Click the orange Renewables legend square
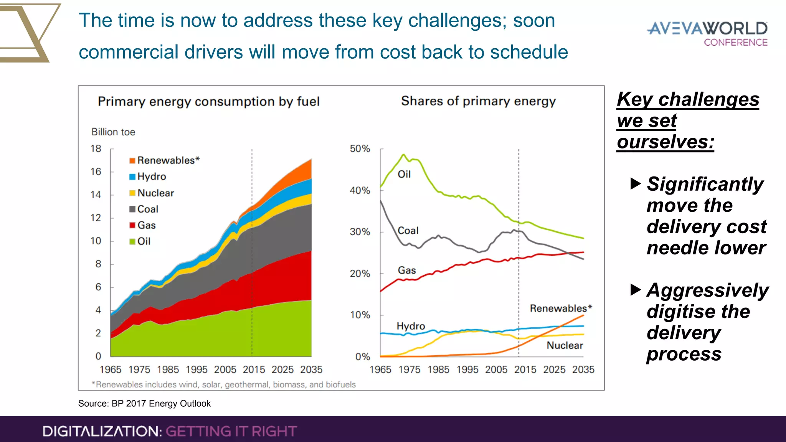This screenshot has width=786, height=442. point(132,160)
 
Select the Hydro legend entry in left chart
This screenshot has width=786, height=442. point(151,176)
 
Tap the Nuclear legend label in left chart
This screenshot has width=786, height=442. point(155,193)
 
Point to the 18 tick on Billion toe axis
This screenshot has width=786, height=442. point(96,149)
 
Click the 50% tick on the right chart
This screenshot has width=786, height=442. point(360,149)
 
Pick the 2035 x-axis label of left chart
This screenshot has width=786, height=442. point(311,369)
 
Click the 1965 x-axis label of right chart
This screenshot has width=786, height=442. point(380,369)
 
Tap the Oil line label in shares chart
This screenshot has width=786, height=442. point(404,175)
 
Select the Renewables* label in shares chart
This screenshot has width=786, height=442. point(561,308)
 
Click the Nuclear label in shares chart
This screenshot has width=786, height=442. point(565,345)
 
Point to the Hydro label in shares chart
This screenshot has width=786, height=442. point(411,326)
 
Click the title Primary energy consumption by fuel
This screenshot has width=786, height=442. point(208,102)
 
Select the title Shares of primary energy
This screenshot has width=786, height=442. point(478,101)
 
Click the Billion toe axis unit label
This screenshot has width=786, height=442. point(113,132)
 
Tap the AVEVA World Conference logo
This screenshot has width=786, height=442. point(707,34)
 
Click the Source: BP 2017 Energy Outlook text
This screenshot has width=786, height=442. point(144,404)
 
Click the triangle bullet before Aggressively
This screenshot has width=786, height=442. point(636,290)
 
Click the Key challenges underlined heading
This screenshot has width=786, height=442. point(688,100)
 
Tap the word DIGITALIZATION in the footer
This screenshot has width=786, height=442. point(102,431)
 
